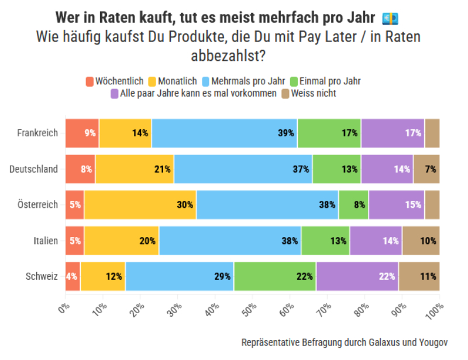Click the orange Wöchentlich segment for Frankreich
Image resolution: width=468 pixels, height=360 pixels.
(x=82, y=133)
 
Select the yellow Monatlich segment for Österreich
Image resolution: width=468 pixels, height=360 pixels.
(x=140, y=205)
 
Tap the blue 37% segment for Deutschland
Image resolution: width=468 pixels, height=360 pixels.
(x=243, y=169)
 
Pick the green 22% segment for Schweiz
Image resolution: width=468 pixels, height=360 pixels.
(x=275, y=276)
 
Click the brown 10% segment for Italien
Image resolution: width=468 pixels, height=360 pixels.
(x=421, y=241)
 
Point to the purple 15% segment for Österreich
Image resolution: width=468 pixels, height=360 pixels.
(x=396, y=205)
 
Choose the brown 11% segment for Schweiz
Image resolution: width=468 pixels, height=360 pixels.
(x=418, y=276)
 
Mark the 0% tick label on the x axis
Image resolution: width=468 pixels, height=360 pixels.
(x=63, y=307)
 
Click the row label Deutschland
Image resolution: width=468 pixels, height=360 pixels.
(x=33, y=169)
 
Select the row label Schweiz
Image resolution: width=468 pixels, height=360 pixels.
(x=42, y=276)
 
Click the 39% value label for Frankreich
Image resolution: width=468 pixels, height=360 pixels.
(x=285, y=133)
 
